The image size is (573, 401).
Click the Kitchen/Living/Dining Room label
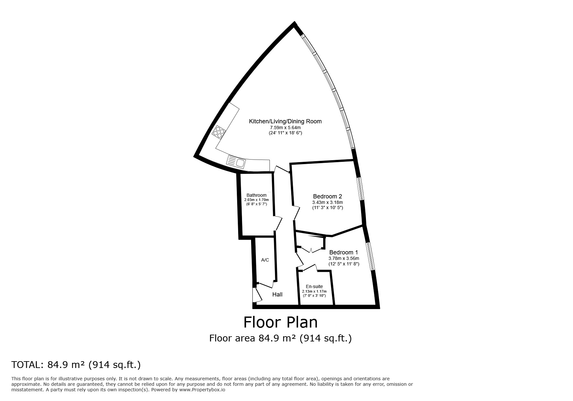[x=285, y=121]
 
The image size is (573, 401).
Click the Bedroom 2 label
[x=327, y=196]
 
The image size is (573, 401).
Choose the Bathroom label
[x=257, y=195]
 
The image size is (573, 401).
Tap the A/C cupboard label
[x=265, y=260]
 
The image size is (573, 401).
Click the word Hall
[x=277, y=294]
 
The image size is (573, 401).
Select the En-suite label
[x=314, y=286]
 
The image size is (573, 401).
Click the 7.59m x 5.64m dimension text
[x=285, y=128]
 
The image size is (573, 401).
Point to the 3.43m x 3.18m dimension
[x=327, y=202]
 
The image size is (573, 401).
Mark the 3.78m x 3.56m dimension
[x=344, y=258]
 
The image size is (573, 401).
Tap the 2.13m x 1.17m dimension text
[x=314, y=291]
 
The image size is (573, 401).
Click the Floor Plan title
[x=280, y=322]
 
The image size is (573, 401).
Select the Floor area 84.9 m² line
[x=280, y=338]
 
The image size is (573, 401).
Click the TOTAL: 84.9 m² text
[x=76, y=365]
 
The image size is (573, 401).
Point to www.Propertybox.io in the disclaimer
[x=202, y=390]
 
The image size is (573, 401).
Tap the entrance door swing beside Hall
[x=257, y=295]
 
